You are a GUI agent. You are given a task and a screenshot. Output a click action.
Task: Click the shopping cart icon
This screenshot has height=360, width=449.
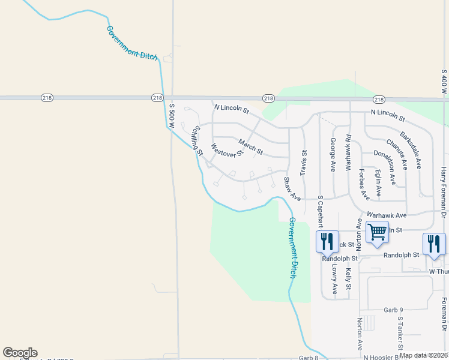click(x=377, y=232)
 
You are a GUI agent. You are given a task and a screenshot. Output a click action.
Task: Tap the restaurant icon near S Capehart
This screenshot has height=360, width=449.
click(x=327, y=242)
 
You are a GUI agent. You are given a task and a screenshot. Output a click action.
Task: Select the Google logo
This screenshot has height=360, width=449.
click(x=20, y=353)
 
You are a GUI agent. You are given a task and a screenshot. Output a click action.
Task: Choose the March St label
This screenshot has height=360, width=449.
click(x=250, y=145)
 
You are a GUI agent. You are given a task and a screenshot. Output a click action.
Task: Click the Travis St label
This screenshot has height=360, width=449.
click(x=304, y=163)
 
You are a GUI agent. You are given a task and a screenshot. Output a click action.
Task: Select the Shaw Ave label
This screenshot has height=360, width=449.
click(x=292, y=189)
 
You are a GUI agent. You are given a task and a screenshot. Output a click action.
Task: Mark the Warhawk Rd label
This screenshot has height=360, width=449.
click(x=348, y=153)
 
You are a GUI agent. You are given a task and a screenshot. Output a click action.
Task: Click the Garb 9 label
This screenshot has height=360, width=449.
click(x=393, y=310)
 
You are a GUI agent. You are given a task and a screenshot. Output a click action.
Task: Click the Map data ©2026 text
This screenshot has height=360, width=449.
click(x=424, y=355)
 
